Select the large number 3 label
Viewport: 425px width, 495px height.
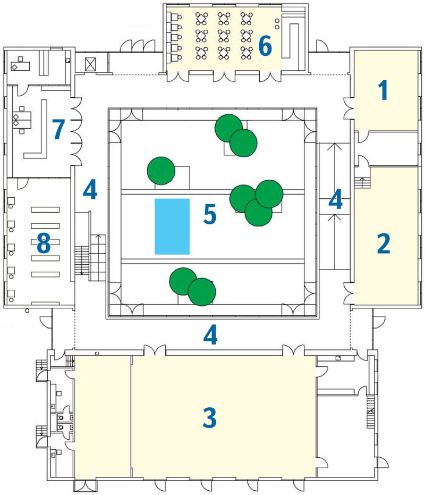click(210, 418)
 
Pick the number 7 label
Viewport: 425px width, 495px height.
click(58, 129)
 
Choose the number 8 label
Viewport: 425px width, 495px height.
click(43, 245)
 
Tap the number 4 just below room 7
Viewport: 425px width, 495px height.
click(90, 190)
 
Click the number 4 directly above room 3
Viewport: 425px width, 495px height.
click(211, 335)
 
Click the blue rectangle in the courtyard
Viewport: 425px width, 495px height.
click(172, 226)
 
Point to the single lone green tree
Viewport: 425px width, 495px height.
click(161, 171)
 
